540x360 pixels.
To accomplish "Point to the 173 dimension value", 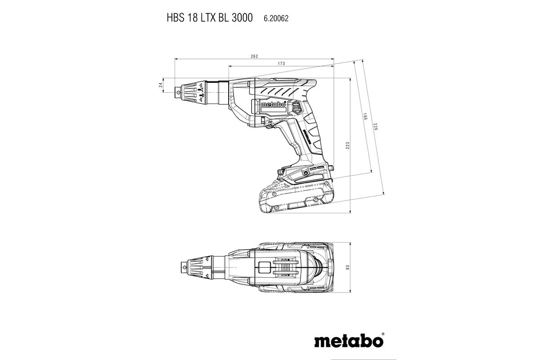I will pyautogui.click(x=281, y=63).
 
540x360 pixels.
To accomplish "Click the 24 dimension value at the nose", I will pyautogui.click(x=161, y=85).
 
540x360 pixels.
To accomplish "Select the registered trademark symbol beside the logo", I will pyautogui.click(x=383, y=334).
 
